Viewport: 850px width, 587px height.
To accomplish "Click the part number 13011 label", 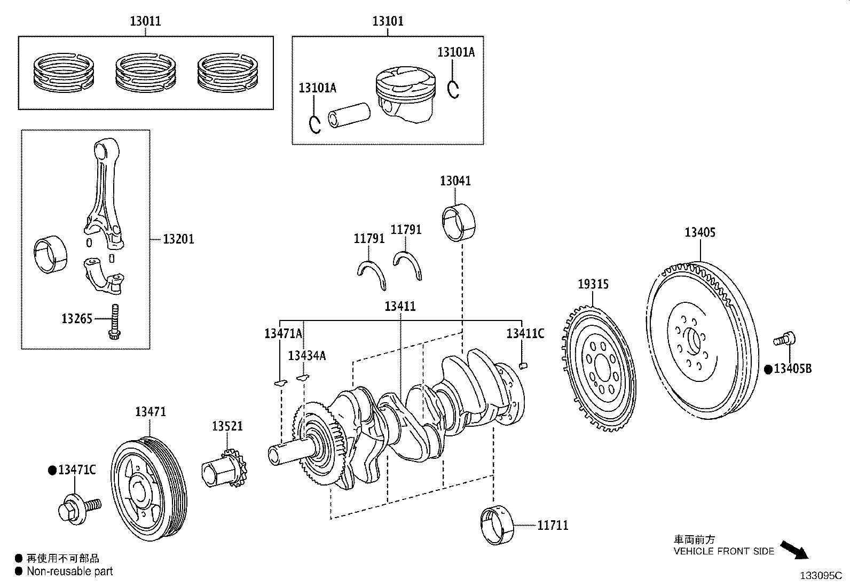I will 145,21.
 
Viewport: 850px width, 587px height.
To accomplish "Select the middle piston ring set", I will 145,73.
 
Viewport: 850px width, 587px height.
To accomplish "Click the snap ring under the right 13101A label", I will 453,89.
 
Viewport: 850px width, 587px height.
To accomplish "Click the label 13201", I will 178,239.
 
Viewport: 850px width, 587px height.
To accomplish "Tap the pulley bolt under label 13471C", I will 76,507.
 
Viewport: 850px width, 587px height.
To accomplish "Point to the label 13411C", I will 525,334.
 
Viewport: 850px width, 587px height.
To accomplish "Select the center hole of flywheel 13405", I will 693,341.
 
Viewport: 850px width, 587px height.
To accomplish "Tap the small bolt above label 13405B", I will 785,339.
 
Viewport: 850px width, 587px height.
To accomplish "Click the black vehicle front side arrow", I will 794,549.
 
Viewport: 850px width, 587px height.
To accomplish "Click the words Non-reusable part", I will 70,572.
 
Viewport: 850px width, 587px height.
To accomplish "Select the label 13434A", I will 306,356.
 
